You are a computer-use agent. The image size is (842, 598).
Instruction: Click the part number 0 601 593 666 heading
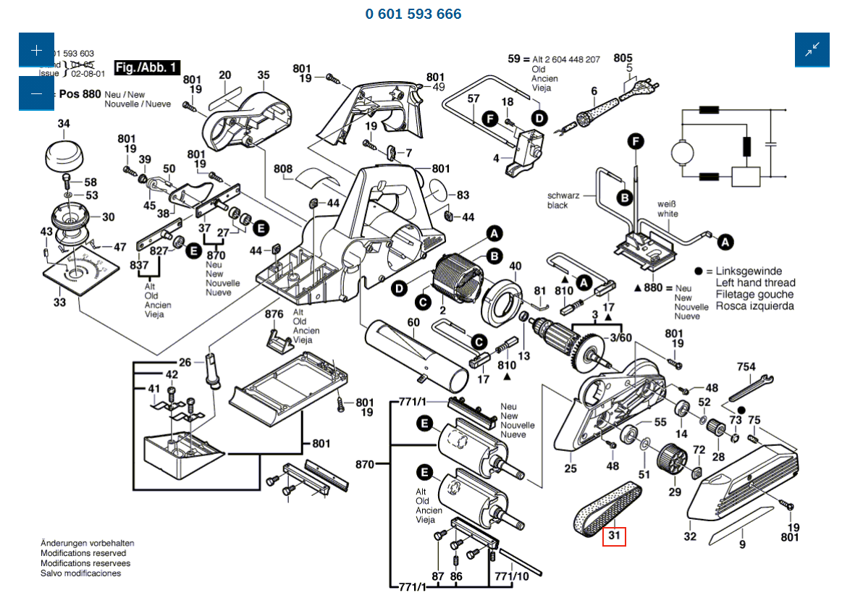[413, 14]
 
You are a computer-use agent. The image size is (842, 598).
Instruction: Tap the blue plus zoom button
[37, 50]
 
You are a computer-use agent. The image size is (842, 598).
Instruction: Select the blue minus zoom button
[37, 93]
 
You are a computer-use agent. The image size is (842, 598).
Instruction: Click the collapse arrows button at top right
[812, 50]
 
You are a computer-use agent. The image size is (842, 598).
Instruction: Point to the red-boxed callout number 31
[614, 536]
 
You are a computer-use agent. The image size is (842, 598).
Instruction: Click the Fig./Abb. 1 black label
[147, 67]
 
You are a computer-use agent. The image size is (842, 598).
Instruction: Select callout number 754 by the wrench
[746, 368]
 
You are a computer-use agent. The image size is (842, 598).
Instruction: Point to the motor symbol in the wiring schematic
[682, 152]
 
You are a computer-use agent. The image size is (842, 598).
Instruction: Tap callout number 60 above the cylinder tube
[413, 322]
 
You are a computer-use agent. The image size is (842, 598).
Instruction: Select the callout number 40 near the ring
[515, 266]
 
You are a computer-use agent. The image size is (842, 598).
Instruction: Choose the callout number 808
[283, 169]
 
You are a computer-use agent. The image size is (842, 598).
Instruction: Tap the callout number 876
[274, 314]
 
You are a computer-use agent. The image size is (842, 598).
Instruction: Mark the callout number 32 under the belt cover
[690, 536]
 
